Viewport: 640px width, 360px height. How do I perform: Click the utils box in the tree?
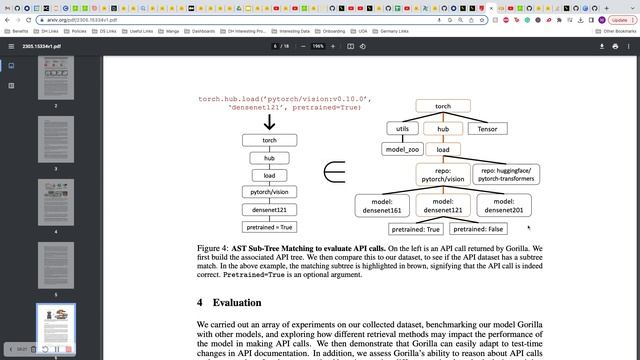(x=402, y=129)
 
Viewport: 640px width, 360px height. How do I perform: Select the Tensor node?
(x=487, y=129)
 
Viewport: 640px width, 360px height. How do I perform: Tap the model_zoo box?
(x=402, y=149)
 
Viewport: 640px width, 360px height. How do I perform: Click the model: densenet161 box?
(x=381, y=205)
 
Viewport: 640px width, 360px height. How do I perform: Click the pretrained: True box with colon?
(x=417, y=229)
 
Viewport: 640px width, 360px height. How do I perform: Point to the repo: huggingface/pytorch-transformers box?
(x=503, y=175)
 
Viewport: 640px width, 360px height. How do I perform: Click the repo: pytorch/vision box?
(x=442, y=175)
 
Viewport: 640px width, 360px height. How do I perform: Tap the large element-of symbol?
(x=334, y=173)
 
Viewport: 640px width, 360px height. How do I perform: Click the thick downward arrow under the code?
(x=269, y=122)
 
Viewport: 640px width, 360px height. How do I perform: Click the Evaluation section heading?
(x=238, y=302)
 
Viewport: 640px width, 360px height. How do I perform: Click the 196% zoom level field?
(x=317, y=46)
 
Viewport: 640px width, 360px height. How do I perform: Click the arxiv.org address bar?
(x=200, y=19)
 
